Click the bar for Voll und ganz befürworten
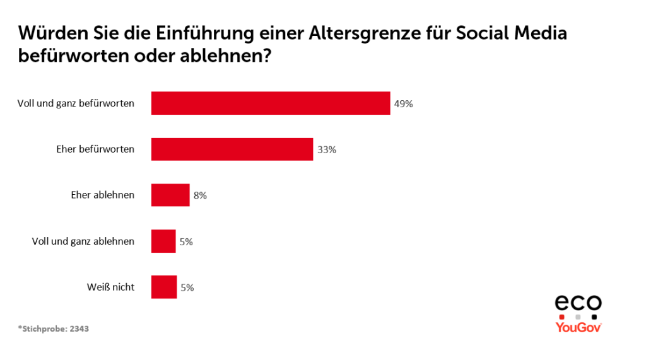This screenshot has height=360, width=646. point(271,103)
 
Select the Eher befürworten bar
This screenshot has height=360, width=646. point(232,149)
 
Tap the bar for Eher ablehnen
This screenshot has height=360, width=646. point(170,195)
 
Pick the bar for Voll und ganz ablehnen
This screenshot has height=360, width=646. point(163,241)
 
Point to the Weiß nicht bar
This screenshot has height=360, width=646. point(164,287)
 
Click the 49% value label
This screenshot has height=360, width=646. point(404,104)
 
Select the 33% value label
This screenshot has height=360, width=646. point(327,150)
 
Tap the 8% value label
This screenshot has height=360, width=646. point(200,195)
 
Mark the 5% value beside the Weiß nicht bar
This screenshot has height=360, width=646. point(187,287)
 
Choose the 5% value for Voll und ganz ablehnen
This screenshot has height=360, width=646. point(186,241)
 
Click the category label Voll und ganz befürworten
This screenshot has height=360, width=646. point(76,103)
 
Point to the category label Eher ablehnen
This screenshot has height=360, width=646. point(102,195)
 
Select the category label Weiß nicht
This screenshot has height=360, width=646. point(110,287)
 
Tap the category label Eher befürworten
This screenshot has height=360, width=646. point(95,149)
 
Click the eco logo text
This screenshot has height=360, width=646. point(578,303)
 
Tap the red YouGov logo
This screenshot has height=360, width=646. point(578,327)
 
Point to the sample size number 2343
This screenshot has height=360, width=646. point(79,328)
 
